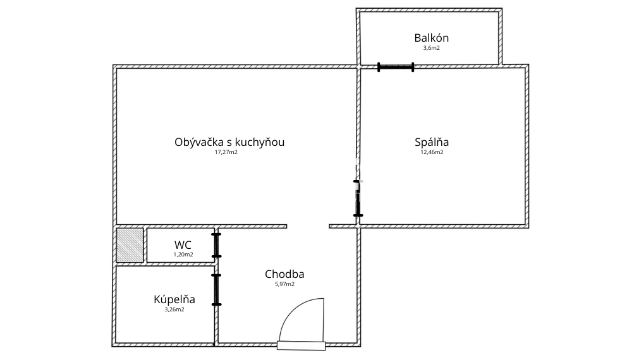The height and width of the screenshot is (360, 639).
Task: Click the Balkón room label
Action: click(432, 38)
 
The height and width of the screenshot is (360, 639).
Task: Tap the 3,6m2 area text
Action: click(432, 48)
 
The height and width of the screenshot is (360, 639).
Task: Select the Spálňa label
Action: click(432, 142)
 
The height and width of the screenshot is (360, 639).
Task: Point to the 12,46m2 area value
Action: click(432, 152)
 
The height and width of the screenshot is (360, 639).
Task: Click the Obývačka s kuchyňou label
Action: click(229, 142)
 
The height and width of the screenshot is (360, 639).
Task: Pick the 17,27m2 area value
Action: click(226, 152)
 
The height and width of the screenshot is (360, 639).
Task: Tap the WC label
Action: click(183, 244)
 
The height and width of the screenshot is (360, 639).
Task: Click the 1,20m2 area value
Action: click(183, 255)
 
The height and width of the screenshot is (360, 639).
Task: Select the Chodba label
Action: click(284, 274)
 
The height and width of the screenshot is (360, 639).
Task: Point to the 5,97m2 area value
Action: click(284, 284)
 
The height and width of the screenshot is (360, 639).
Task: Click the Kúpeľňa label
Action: click(174, 299)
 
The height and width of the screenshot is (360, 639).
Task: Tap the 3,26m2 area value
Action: click(174, 309)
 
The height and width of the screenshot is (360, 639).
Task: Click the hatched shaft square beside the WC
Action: click(130, 245)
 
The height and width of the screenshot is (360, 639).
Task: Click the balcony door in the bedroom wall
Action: click(396, 66)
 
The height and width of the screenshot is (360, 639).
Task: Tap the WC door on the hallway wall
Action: click(216, 245)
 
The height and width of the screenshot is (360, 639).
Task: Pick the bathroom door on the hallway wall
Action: click(216, 290)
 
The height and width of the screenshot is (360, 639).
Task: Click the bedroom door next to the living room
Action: click(358, 198)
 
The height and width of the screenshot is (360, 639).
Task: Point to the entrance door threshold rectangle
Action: click(301, 345)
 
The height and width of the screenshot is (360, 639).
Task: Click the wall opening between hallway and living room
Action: click(308, 226)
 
